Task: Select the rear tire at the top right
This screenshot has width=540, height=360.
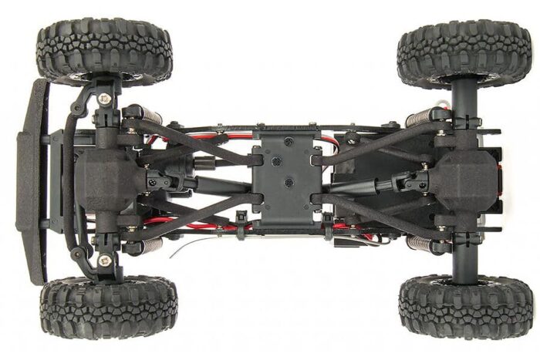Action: (463, 52)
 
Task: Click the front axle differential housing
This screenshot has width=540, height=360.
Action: (108, 180)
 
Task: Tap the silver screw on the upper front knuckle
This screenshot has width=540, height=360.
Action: (104, 98)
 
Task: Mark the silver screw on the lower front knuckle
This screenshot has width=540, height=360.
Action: (104, 261)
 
